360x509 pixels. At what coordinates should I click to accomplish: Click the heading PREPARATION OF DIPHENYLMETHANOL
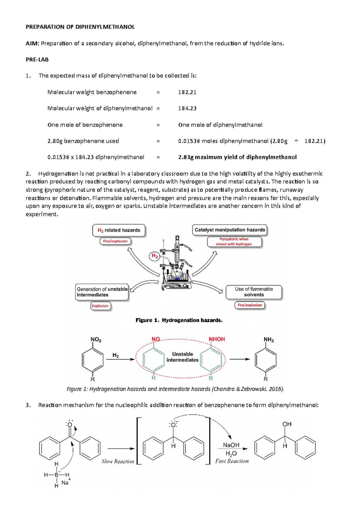pyautogui.click(x=80, y=27)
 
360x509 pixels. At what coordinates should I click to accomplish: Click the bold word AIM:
pyautogui.click(x=32, y=43)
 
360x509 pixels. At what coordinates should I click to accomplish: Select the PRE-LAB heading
pyautogui.click(x=37, y=60)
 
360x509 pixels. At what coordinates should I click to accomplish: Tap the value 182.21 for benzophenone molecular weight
pyautogui.click(x=187, y=92)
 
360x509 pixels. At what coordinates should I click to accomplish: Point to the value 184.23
pyautogui.click(x=187, y=109)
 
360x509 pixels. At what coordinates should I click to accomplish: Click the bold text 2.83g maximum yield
pyautogui.click(x=237, y=157)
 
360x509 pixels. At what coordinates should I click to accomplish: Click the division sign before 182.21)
pyautogui.click(x=296, y=141)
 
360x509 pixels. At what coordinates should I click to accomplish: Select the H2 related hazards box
pyautogui.click(x=119, y=230)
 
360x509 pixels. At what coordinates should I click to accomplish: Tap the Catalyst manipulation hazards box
pyautogui.click(x=230, y=230)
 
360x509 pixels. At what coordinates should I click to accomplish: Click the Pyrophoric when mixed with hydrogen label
pyautogui.click(x=234, y=242)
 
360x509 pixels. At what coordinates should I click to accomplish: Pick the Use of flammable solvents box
pyautogui.click(x=254, y=292)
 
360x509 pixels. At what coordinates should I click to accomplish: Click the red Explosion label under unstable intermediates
pyautogui.click(x=100, y=306)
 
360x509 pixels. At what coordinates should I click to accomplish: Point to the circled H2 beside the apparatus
pyautogui.click(x=155, y=256)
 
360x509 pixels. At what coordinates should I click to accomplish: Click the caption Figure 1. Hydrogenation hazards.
pyautogui.click(x=179, y=320)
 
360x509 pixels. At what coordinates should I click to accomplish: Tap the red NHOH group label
pyautogui.click(x=217, y=339)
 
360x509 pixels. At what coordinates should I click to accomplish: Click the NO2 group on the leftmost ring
pyautogui.click(x=96, y=340)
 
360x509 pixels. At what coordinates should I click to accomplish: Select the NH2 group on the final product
pyautogui.click(x=268, y=340)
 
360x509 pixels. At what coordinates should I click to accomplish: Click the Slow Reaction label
pyautogui.click(x=118, y=462)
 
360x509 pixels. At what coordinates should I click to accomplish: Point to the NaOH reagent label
pyautogui.click(x=231, y=445)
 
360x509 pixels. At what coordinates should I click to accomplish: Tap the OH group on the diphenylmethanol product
pyautogui.click(x=287, y=424)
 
